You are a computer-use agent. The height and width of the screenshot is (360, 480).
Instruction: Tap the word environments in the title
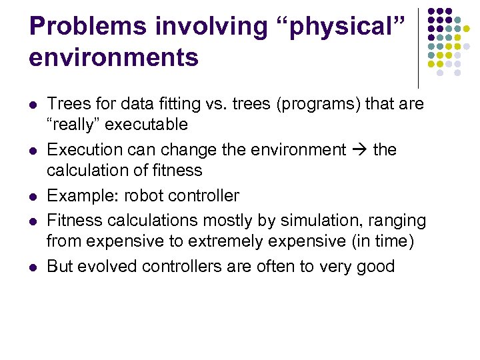pos(114,57)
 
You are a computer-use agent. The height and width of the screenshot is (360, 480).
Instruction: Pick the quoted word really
pos(78,125)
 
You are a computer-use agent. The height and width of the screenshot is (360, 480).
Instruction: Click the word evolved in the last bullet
pos(107,266)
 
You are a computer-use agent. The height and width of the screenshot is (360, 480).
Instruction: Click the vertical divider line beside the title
pos(418,47)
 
